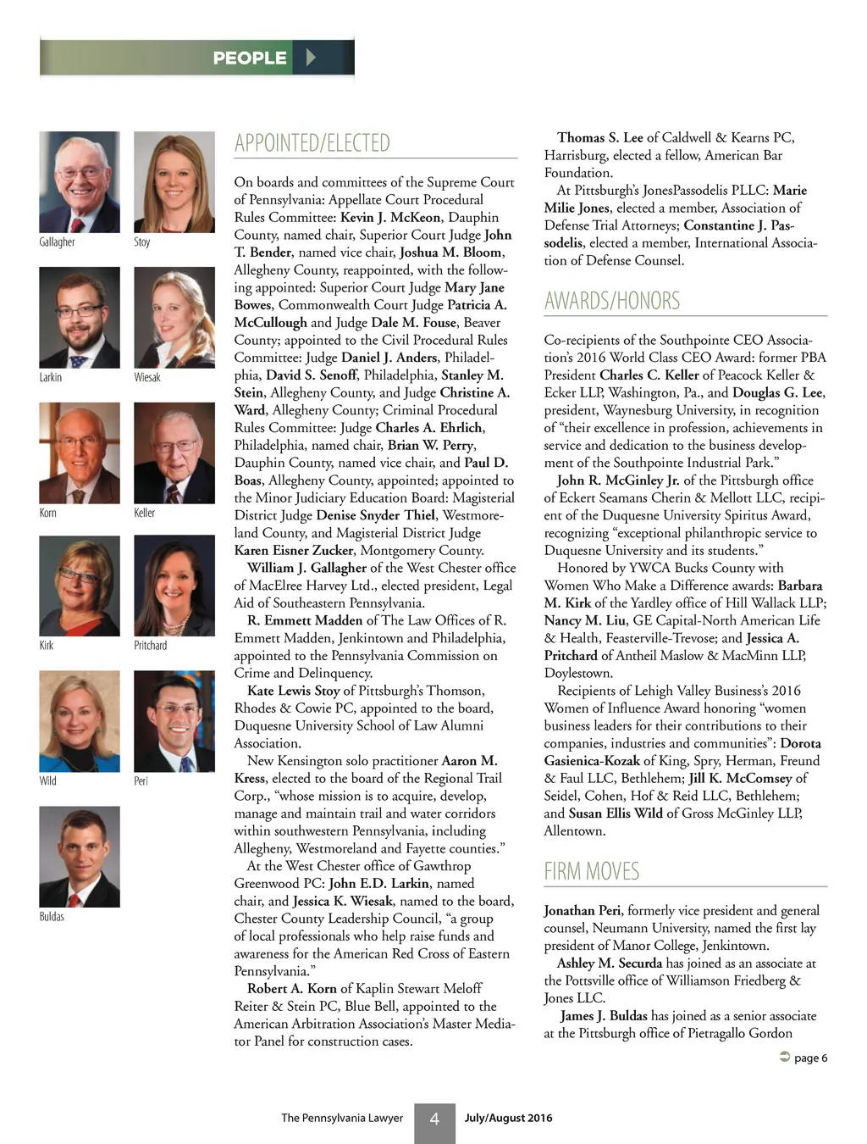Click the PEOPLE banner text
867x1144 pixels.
250,58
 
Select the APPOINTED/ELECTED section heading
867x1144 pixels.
312,143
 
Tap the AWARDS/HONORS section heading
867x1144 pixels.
612,301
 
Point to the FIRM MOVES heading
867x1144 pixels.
592,871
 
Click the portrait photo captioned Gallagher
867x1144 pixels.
80,182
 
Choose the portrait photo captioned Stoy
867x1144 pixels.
174,182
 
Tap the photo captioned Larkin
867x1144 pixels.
80,318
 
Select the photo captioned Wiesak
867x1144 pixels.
174,318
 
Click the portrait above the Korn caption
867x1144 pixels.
80,453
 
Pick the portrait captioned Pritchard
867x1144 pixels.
174,586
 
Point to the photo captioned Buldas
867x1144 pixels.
80,857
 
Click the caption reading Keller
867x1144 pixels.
145,513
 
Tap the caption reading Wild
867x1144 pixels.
48,780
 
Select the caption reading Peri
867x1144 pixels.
141,780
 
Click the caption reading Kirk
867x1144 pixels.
47,645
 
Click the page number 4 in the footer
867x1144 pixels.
434,1119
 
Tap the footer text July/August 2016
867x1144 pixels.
508,1118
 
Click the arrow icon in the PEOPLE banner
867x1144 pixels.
311,58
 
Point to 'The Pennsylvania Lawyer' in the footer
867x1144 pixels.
342,1118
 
